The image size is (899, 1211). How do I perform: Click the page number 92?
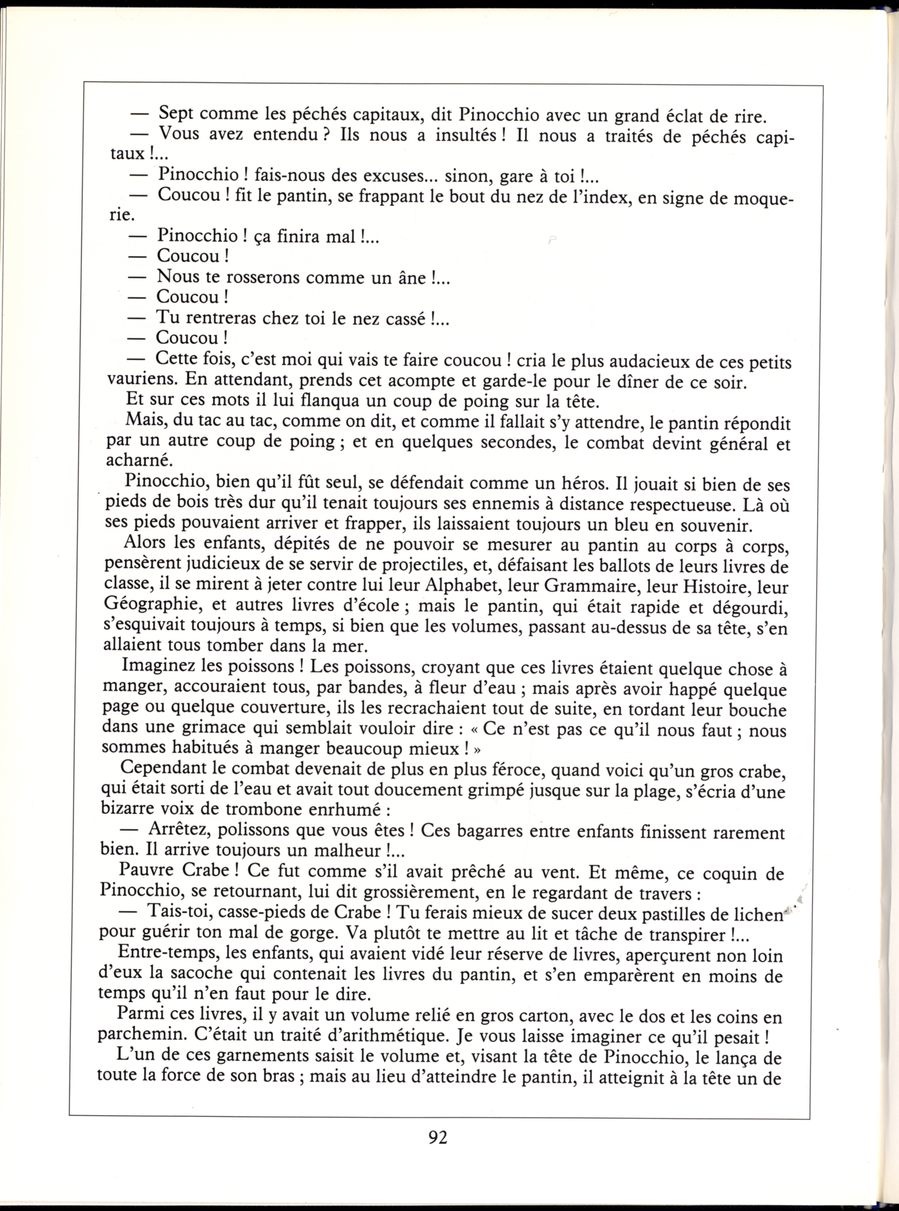click(x=438, y=1137)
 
